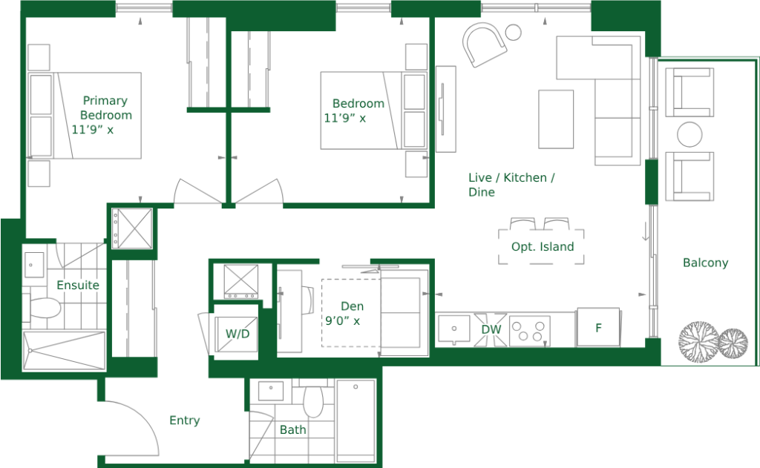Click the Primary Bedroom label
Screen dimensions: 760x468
tap(106, 108)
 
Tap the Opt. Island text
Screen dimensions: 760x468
tap(543, 246)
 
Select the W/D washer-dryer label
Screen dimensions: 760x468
tap(237, 334)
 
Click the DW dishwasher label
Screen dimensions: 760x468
tap(491, 329)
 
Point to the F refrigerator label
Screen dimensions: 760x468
tap(599, 328)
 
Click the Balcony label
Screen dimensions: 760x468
tap(705, 263)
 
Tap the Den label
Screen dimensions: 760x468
tap(352, 306)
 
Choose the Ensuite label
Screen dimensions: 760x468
tap(78, 285)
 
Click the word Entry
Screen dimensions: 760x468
tap(185, 420)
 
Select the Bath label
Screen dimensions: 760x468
tap(292, 429)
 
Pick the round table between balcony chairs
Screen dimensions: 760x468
tap(689, 134)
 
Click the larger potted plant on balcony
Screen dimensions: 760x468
tap(698, 343)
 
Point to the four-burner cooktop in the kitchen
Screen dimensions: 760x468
tap(529, 332)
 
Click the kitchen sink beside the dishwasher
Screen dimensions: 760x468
tap(454, 329)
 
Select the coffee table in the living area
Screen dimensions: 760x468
tap(556, 119)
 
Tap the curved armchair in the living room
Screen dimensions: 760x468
tap(484, 45)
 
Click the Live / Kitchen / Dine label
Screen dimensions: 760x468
tap(511, 185)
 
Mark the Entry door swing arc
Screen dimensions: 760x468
tap(145, 415)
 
